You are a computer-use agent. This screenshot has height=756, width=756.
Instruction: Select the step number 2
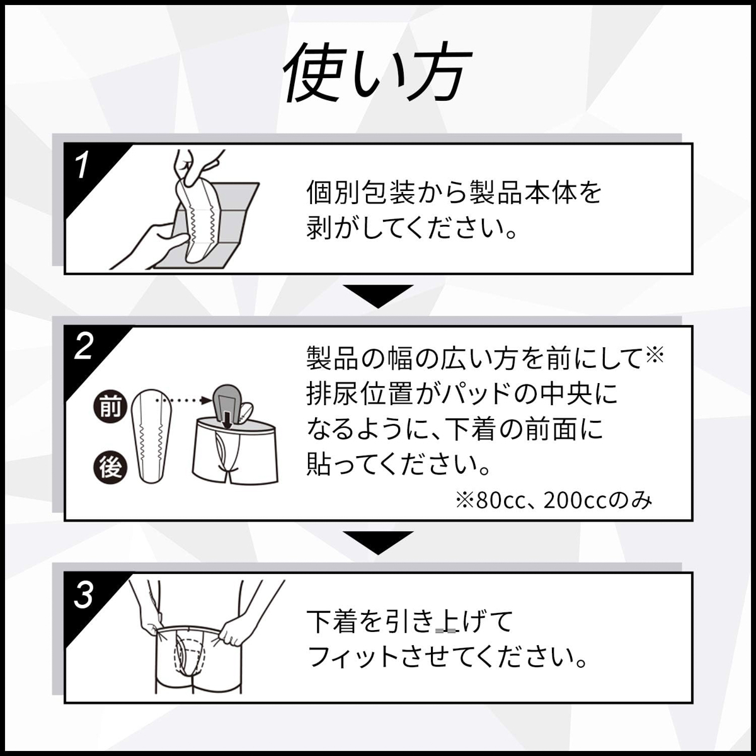coord(83,347)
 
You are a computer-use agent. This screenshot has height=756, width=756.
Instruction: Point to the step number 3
coord(83,595)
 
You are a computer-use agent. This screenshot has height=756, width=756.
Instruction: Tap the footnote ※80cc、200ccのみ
coord(554,500)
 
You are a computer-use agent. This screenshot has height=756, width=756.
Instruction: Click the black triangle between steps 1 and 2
coord(377,295)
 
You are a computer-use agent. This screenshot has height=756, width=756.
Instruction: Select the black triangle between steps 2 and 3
coord(377,542)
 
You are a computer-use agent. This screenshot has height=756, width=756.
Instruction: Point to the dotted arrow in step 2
coord(183,399)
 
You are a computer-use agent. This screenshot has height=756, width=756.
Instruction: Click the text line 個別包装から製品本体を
coord(454,192)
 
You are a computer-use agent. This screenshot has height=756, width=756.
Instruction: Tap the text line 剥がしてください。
coord(412,228)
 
